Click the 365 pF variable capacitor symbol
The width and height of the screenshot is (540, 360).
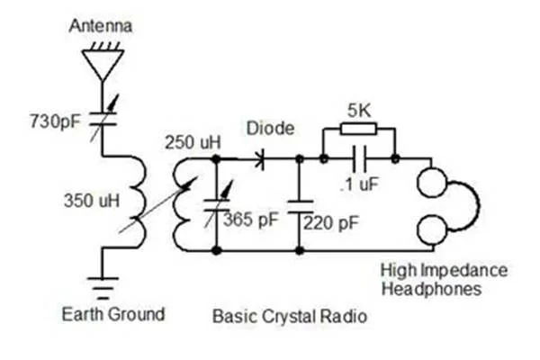click(217, 203)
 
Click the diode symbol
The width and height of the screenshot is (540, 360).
click(261, 160)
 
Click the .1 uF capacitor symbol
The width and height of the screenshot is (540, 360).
click(360, 160)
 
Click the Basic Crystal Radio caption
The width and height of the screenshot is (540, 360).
click(290, 317)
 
